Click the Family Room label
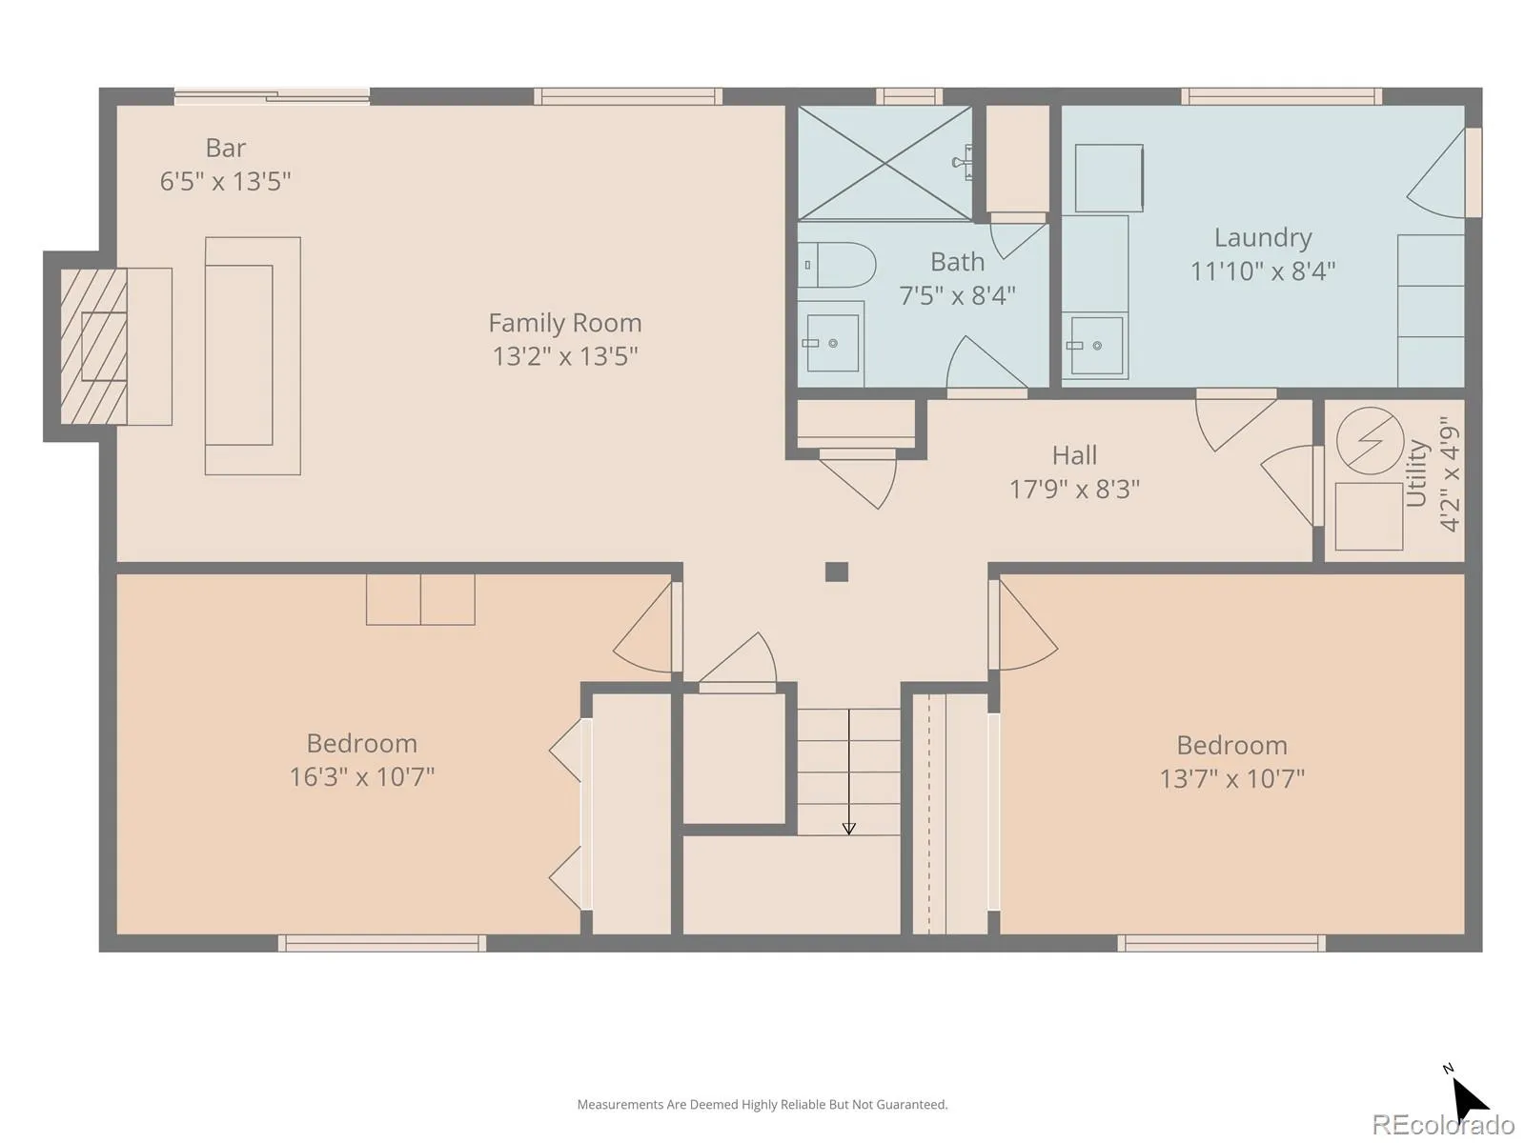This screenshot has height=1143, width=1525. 564,323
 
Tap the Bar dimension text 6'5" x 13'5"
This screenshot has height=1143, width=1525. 225,181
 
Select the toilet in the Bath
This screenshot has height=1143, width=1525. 837,265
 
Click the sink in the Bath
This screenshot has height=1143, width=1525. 831,344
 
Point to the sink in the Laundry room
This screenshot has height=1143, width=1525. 1096,346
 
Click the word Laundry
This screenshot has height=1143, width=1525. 1262,238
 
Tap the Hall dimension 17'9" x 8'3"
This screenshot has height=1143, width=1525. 1074,490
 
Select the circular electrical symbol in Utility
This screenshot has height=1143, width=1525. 1370,441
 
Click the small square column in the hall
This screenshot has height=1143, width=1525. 837,571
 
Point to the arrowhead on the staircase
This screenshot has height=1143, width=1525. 848,829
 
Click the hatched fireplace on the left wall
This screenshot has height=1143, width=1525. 93,347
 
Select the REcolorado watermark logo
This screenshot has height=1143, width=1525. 1442,1124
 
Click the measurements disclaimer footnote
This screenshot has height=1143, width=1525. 762,1104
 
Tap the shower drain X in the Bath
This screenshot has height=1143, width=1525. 884,163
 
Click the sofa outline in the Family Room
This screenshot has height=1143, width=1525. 253,356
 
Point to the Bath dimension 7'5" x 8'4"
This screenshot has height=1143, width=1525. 957,296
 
